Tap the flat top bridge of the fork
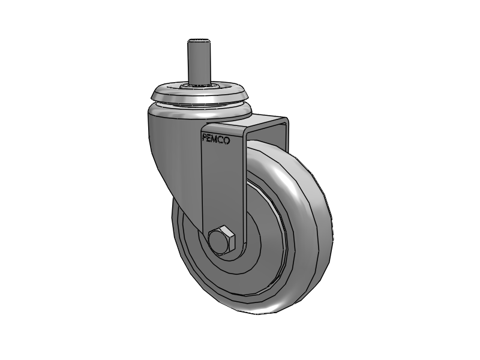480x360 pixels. [x=264, y=123]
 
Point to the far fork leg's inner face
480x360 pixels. [x=277, y=135]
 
